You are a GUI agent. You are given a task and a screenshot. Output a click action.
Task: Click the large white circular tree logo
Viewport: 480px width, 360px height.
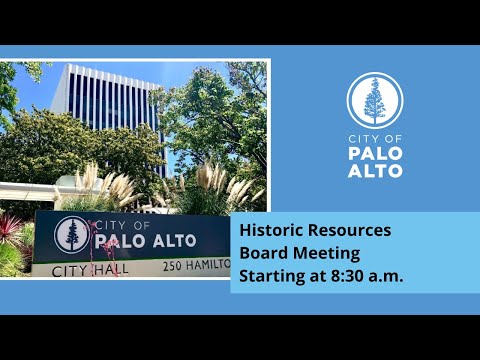[375, 100]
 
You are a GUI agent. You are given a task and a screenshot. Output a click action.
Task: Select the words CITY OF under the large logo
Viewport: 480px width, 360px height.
[375, 139]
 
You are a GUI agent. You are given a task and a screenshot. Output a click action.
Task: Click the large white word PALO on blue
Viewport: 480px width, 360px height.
[375, 154]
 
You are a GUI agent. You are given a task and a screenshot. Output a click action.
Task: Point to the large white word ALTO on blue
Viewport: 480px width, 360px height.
[375, 171]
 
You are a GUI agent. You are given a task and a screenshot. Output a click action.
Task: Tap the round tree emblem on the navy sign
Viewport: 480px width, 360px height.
[72, 235]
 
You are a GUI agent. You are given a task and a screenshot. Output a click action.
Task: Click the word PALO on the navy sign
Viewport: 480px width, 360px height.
[120, 241]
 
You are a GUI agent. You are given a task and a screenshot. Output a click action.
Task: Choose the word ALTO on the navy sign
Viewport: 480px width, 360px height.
[174, 240]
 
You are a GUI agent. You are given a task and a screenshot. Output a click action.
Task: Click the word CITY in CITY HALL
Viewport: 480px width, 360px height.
[71, 271]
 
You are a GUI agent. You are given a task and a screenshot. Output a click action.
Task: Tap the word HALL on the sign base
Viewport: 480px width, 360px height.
[112, 269]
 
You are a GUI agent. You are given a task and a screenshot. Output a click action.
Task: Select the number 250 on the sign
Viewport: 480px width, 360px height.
[173, 266]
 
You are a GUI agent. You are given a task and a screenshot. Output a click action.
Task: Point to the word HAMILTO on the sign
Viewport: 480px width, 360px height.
[208, 265]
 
